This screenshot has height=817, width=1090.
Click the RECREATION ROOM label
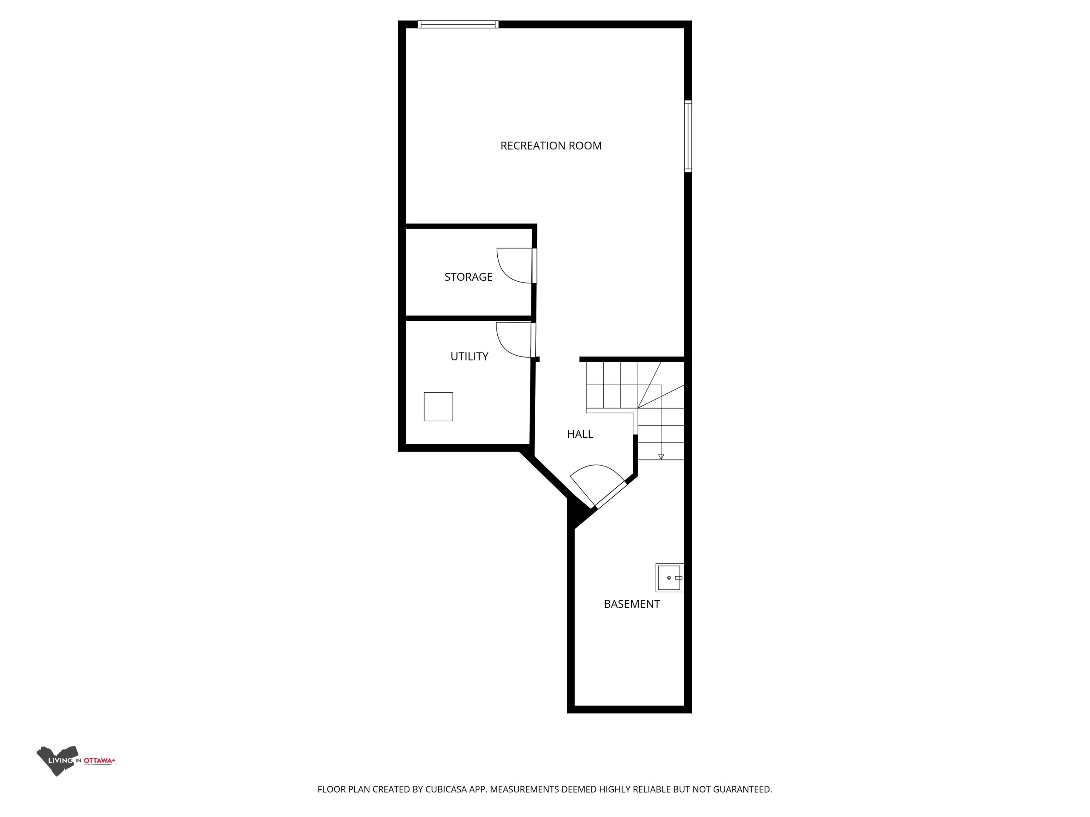551,146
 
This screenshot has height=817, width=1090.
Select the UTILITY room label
469,357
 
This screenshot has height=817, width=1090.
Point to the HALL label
580,434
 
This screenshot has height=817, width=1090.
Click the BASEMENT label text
632,604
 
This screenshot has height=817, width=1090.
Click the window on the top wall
458,24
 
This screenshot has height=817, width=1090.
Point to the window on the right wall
688,137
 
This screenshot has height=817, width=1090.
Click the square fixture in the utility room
438,407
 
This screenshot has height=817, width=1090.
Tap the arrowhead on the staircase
661,457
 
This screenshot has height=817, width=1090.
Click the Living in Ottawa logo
76,761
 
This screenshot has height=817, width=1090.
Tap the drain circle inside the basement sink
668,578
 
